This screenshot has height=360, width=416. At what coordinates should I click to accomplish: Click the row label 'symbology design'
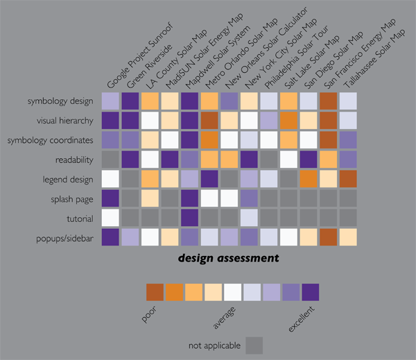click(60, 101)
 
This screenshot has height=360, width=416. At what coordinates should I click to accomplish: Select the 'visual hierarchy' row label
click(65, 121)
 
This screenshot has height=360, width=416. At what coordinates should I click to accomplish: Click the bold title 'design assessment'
click(228, 259)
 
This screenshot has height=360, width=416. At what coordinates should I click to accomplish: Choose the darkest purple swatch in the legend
click(310, 291)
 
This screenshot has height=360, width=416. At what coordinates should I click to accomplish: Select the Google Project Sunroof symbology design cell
click(110, 101)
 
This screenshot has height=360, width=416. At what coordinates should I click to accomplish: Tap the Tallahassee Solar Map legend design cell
click(348, 180)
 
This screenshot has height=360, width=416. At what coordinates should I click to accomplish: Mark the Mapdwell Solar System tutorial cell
click(189, 218)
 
